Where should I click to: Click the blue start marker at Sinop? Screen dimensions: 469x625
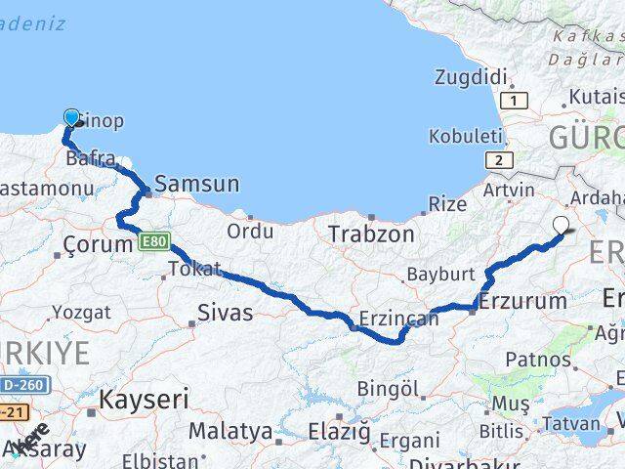pos(70,118)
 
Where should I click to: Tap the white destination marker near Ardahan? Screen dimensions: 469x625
pos(561,226)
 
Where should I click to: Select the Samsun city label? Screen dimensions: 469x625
pos(196,183)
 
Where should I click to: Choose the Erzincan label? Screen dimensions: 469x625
pos(398,319)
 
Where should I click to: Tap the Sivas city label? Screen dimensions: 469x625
pos(225,314)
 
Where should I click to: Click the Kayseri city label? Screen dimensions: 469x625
pos(143,399)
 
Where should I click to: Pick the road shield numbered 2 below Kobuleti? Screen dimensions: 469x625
pos(499,160)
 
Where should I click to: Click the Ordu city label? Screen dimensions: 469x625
pos(250,232)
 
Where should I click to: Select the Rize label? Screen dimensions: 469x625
pos(448,204)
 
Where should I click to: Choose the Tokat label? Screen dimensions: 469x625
pos(194,268)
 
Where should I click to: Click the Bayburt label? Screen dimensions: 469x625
pos(440,275)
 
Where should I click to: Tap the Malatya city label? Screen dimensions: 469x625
pos(230,431)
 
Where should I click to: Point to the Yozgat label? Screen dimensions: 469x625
pos(81,313)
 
